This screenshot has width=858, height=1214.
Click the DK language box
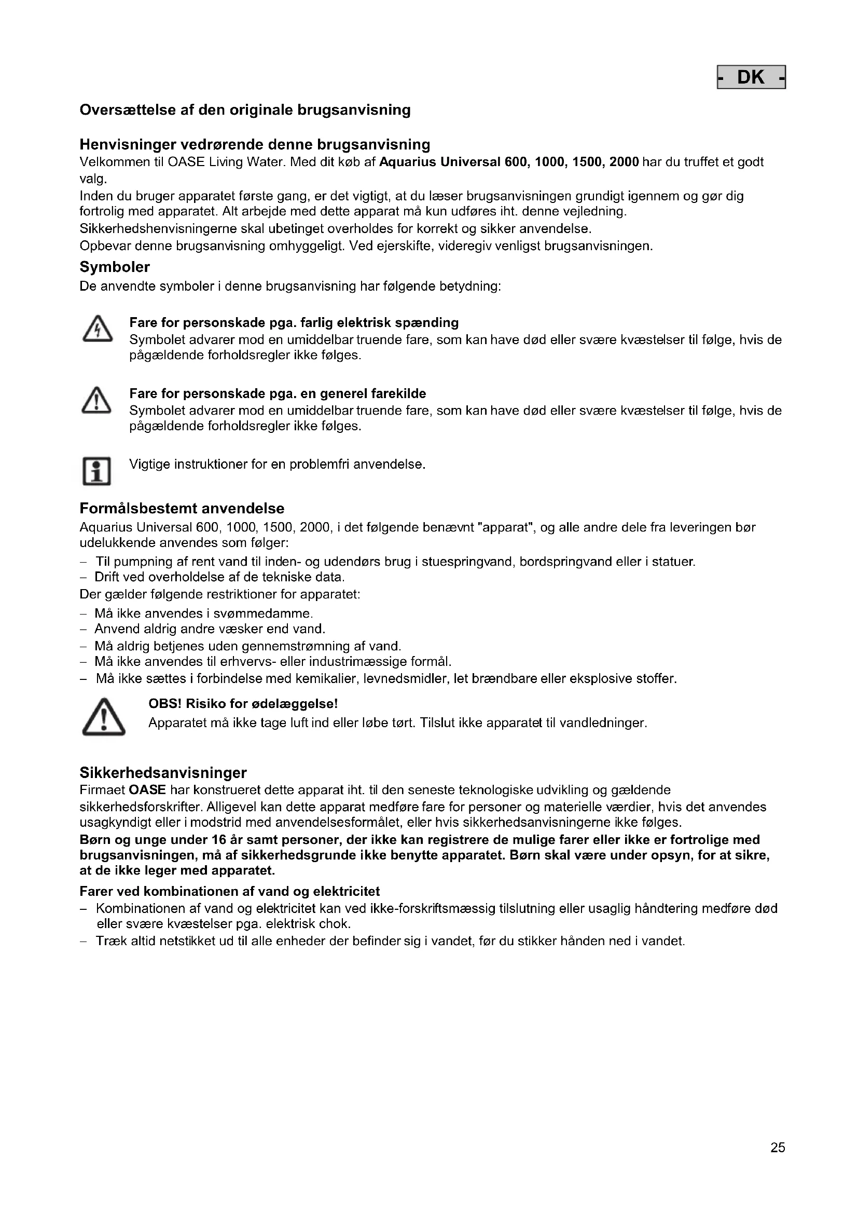pos(751,77)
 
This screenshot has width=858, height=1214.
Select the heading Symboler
pos(115,267)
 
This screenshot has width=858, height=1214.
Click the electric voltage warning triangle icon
pos(97,329)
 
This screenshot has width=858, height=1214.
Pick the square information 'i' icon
pos(96,471)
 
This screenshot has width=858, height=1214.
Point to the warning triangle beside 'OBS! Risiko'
pos(104,717)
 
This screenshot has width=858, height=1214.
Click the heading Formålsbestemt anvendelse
pos(182,509)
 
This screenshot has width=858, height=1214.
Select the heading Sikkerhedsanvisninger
pos(163,773)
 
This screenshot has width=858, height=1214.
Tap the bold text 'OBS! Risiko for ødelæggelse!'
pos(243,704)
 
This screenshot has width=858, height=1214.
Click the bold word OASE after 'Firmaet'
pos(147,790)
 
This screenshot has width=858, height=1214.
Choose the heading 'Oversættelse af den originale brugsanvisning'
pos(245,110)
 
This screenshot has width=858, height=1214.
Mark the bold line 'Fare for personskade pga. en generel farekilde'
pos(278,393)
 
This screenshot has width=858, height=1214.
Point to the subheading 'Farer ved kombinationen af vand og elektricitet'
pos(229,892)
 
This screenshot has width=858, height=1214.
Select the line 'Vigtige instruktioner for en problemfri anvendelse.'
pos(278,464)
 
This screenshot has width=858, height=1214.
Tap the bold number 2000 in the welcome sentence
pos(624,162)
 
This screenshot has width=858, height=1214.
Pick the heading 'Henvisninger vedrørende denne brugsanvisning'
pos(255,144)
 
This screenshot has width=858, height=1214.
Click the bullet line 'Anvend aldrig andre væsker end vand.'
pos(210,629)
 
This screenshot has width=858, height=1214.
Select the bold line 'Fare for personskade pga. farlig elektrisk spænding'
pos(294,322)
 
